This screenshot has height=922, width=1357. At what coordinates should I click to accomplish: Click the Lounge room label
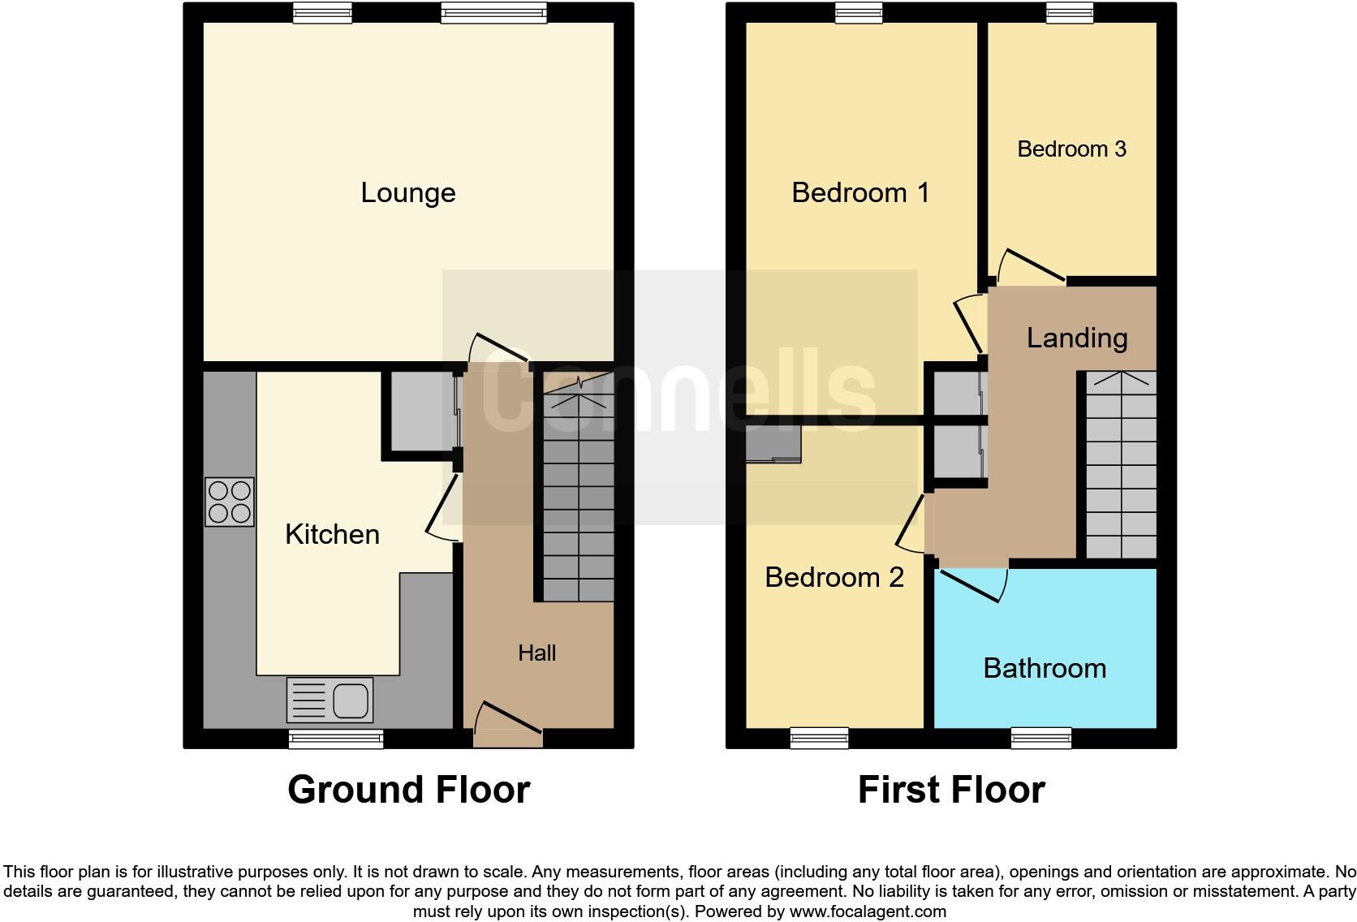[408, 193]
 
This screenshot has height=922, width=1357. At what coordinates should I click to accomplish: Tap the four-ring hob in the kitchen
[230, 502]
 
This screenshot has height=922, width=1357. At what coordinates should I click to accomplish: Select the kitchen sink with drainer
[330, 700]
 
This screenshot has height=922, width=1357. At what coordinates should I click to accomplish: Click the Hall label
[537, 653]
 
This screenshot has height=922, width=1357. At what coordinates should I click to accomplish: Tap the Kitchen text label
[332, 534]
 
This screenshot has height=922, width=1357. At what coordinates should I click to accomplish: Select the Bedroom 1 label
[860, 193]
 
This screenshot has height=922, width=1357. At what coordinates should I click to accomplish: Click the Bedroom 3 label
[1071, 149]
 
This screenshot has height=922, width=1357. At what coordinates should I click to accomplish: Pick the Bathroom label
[1045, 669]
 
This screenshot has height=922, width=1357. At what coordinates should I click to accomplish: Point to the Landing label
[1077, 338]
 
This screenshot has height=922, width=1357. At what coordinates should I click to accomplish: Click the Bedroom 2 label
[834, 577]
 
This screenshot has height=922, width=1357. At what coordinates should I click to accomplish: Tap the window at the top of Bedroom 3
[1071, 11]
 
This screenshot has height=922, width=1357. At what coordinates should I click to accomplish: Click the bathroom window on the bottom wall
[1041, 737]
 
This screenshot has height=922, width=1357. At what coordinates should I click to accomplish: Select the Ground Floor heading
[408, 790]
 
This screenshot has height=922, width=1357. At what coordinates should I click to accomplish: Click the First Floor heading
[951, 790]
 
